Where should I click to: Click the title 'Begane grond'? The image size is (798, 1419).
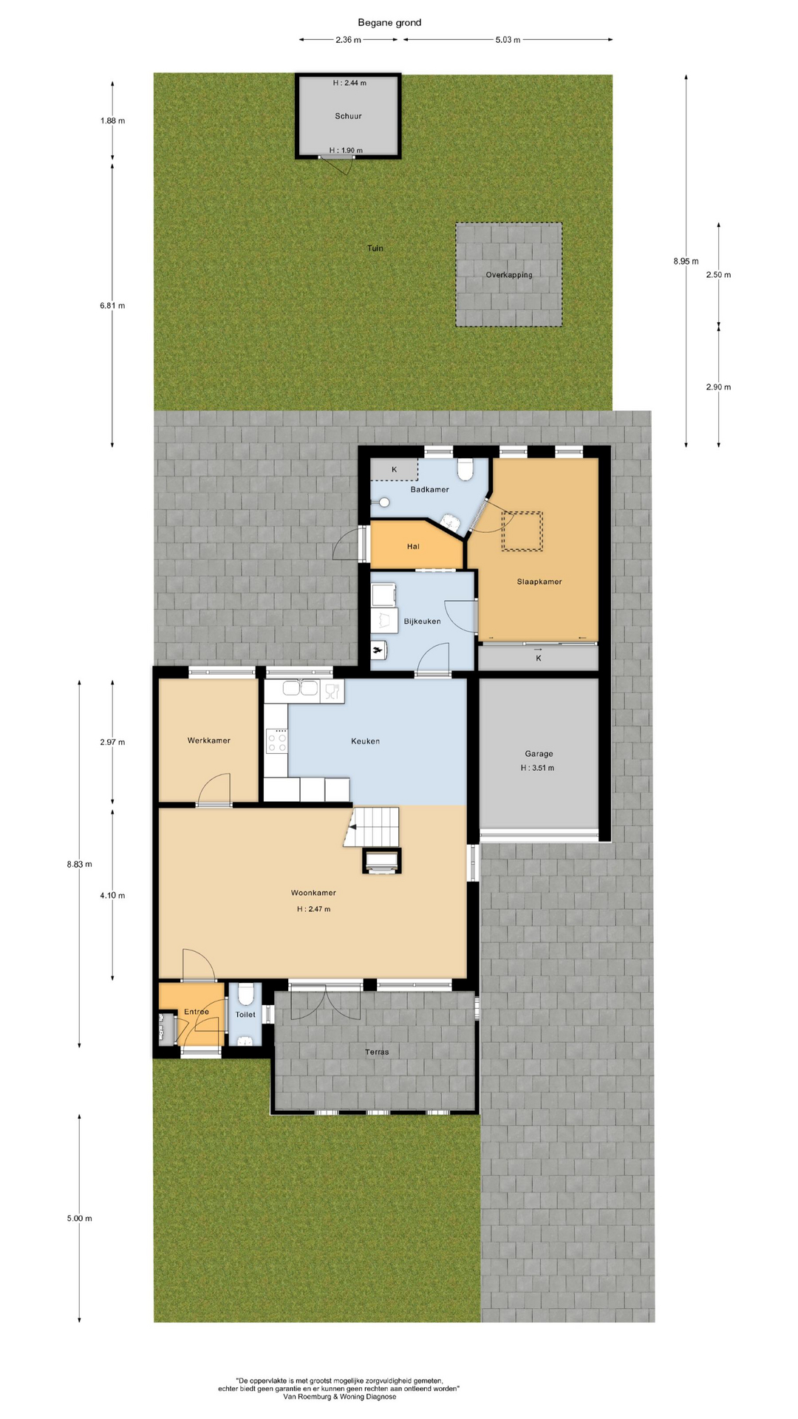click(x=389, y=22)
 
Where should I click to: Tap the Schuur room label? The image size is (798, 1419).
click(x=348, y=116)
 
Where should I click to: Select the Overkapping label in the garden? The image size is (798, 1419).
click(x=509, y=275)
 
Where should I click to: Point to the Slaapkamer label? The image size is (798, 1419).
click(x=539, y=582)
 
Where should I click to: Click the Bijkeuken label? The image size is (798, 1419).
click(x=422, y=622)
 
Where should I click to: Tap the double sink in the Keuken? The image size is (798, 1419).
click(x=301, y=690)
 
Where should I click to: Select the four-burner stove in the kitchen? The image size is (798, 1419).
click(x=276, y=741)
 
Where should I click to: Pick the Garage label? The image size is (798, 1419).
click(x=539, y=754)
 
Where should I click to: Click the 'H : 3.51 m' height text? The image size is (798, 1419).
click(x=537, y=768)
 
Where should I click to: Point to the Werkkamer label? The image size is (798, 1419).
click(x=208, y=741)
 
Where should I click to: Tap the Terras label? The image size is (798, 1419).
click(x=377, y=1052)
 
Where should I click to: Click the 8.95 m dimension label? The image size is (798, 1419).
click(x=686, y=261)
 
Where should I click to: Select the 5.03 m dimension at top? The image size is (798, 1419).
click(x=508, y=40)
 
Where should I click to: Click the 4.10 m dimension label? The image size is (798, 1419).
click(x=112, y=896)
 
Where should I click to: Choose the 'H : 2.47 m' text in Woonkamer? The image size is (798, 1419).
click(x=313, y=909)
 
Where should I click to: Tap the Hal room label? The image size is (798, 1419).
click(x=413, y=547)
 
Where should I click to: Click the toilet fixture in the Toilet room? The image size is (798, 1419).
click(x=245, y=993)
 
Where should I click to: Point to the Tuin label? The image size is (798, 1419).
click(x=375, y=248)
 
